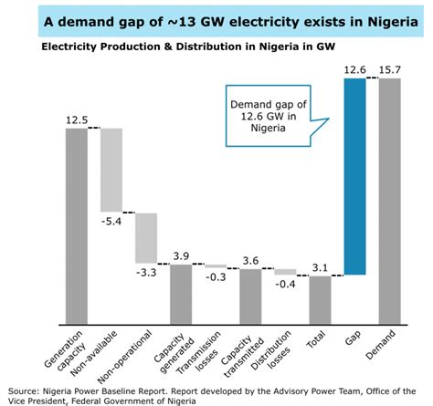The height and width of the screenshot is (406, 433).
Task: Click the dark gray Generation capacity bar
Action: (x=77, y=225)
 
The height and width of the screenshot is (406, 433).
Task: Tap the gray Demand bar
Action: (x=390, y=201)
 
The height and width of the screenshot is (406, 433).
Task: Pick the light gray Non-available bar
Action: (x=111, y=170)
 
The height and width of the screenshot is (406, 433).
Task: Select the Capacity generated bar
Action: (x=181, y=293)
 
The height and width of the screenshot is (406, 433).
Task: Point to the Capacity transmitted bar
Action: (x=250, y=296)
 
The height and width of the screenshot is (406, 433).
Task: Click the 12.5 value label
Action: (x=77, y=119)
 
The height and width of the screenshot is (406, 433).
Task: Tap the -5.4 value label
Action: (x=111, y=222)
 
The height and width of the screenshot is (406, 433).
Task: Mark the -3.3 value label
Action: (x=146, y=274)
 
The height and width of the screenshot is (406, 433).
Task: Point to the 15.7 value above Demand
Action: (x=390, y=68)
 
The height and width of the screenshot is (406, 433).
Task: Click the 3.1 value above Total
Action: (x=320, y=265)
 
